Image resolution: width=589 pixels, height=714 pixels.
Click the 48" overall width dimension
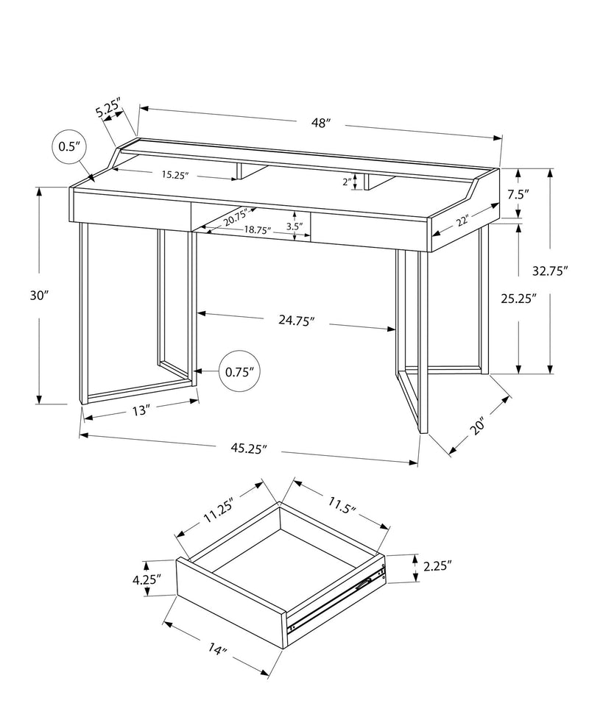[x=319, y=124]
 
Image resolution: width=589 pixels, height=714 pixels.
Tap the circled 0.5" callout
[x=68, y=146]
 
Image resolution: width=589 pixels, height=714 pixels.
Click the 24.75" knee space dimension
[x=296, y=320]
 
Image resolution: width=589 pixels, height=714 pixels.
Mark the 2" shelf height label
[x=347, y=182]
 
